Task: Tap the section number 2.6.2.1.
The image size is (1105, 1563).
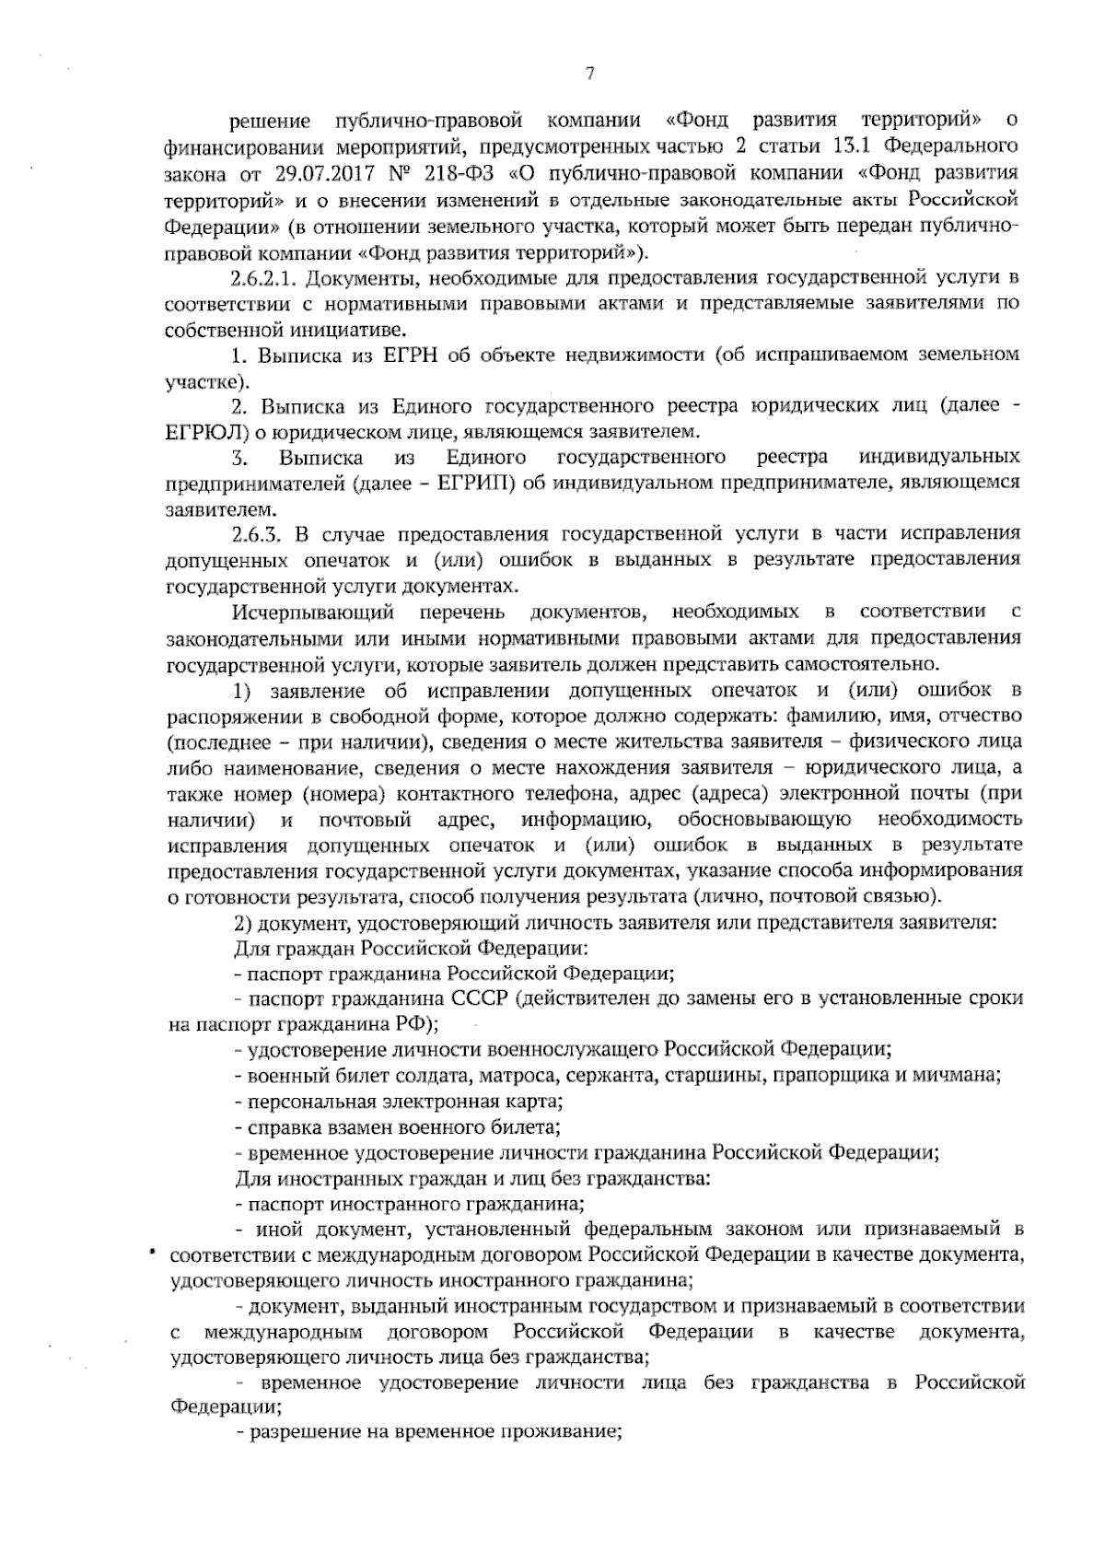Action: tap(266, 278)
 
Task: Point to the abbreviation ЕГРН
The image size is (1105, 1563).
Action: tap(409, 355)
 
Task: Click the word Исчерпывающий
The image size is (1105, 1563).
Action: tap(313, 612)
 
